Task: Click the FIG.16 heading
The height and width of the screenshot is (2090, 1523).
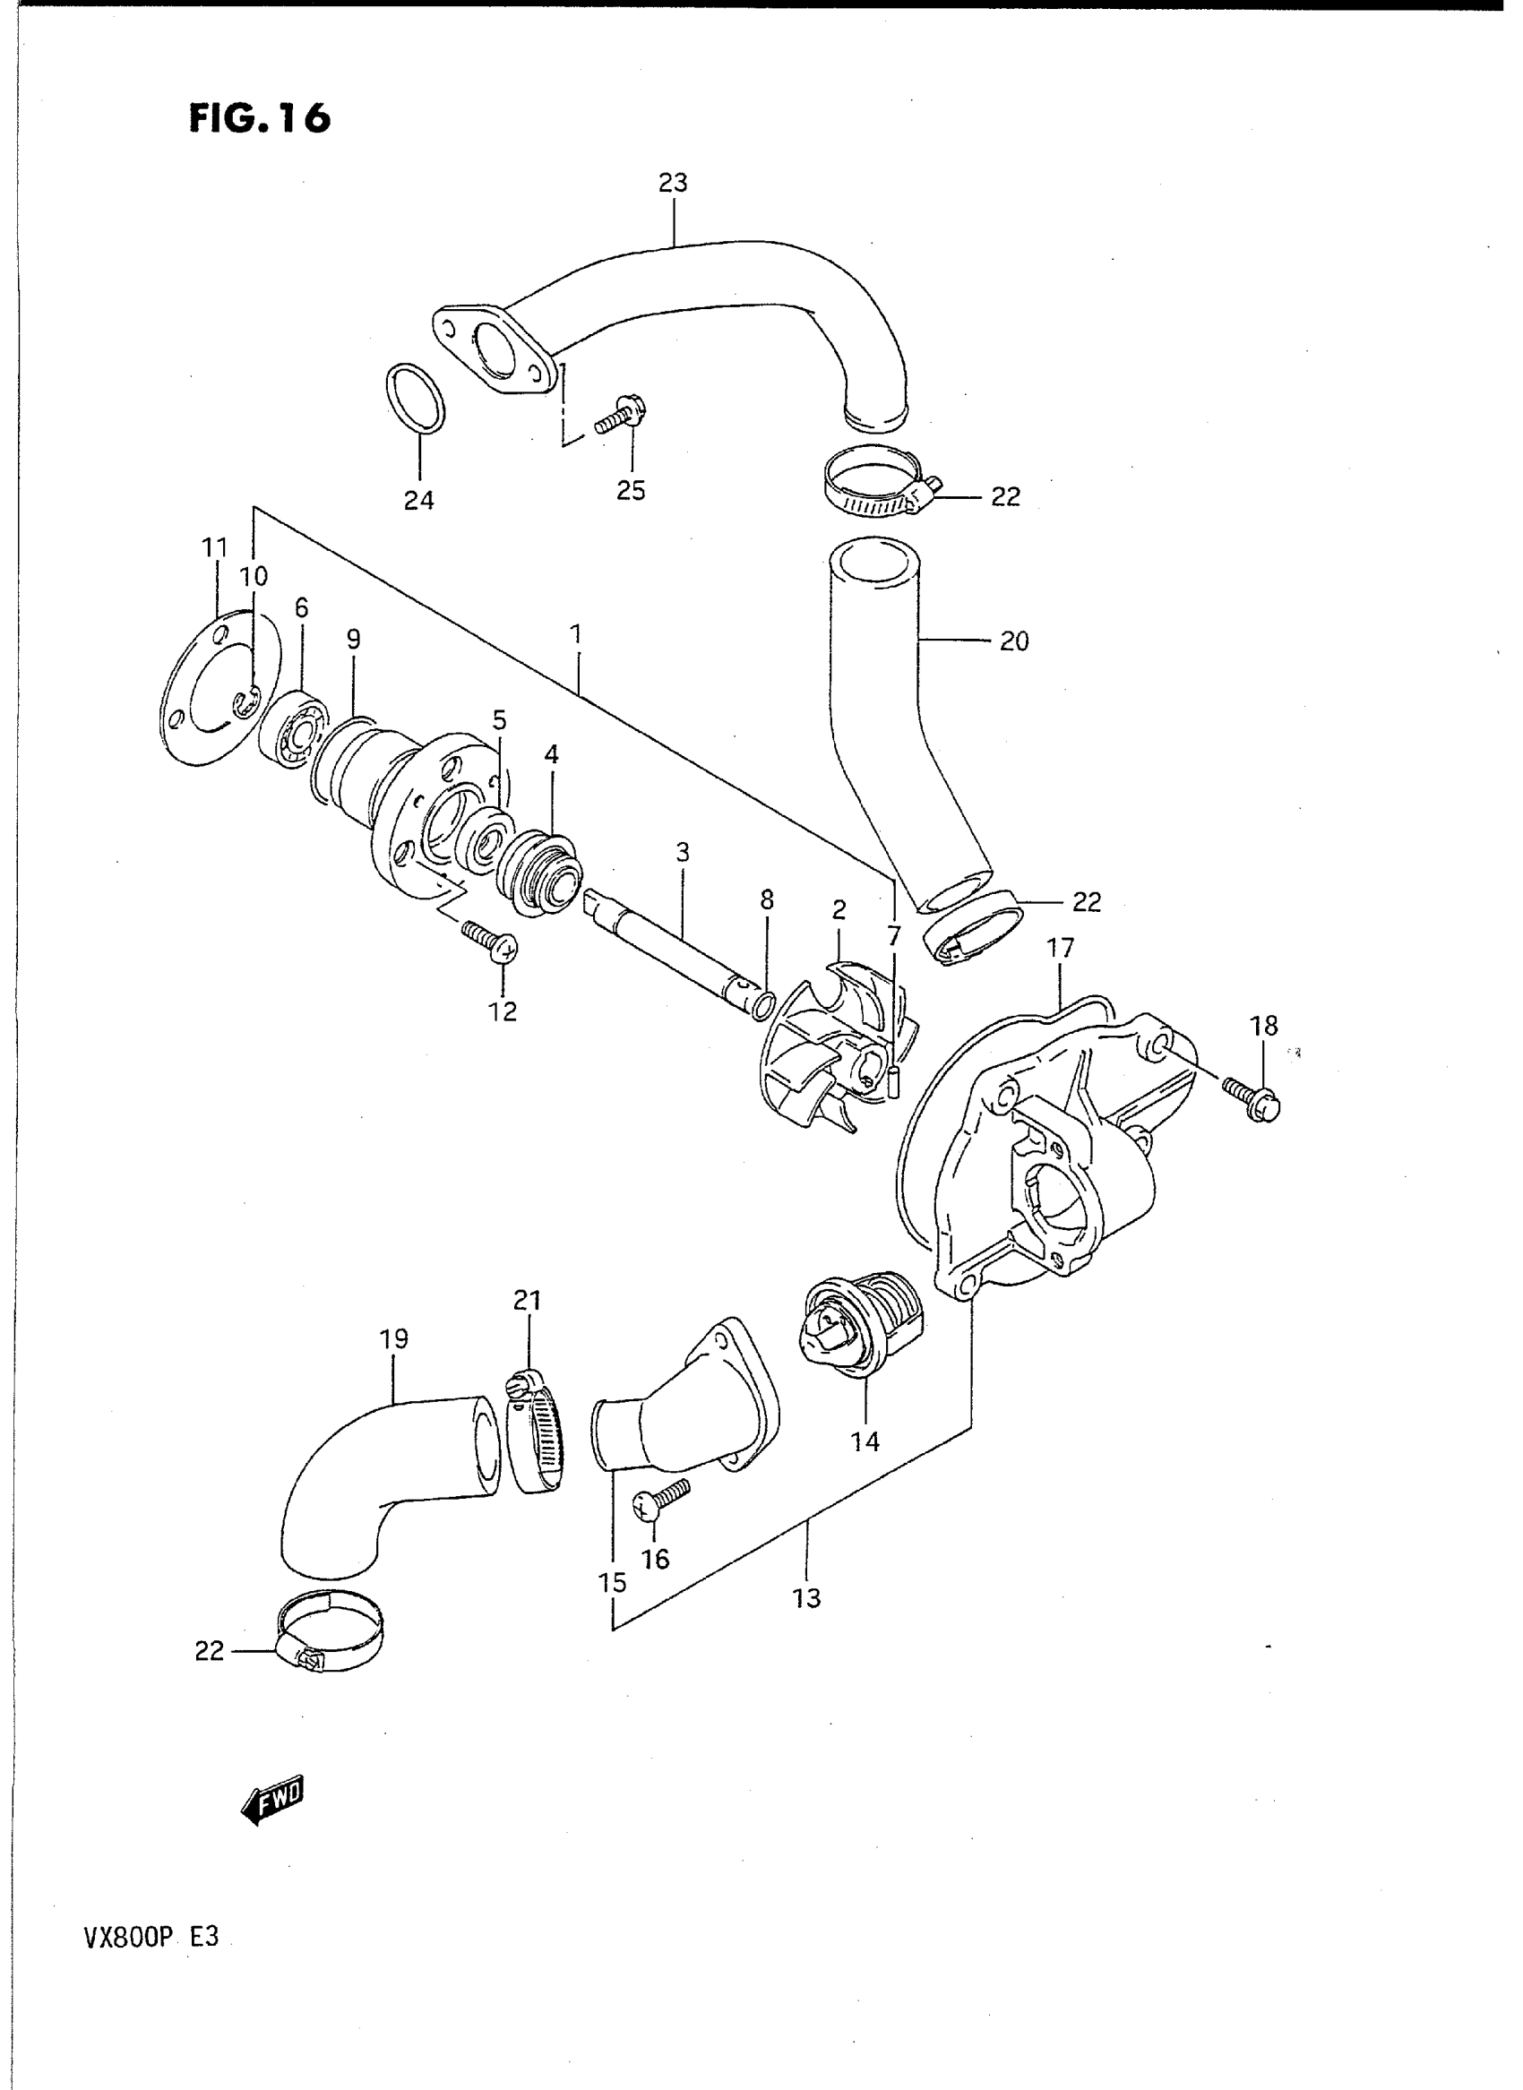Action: click(x=259, y=117)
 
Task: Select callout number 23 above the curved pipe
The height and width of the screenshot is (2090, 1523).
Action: click(x=673, y=183)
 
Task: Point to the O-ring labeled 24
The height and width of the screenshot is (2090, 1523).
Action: click(x=414, y=398)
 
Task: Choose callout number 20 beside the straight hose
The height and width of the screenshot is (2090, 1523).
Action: click(x=1014, y=641)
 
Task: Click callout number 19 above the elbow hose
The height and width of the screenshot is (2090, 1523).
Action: click(x=394, y=1338)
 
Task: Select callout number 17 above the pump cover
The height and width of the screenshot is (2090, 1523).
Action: click(x=1060, y=948)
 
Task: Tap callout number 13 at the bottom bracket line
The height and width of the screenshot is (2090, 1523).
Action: click(x=806, y=1597)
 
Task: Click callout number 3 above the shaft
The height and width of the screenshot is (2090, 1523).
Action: click(x=683, y=853)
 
